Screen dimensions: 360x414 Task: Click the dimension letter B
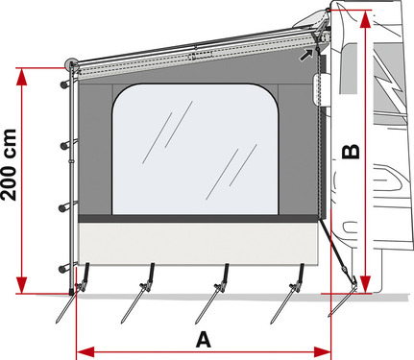click(x=352, y=151)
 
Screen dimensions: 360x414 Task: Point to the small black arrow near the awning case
click(x=305, y=56)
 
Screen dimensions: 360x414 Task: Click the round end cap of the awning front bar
click(x=71, y=65)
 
